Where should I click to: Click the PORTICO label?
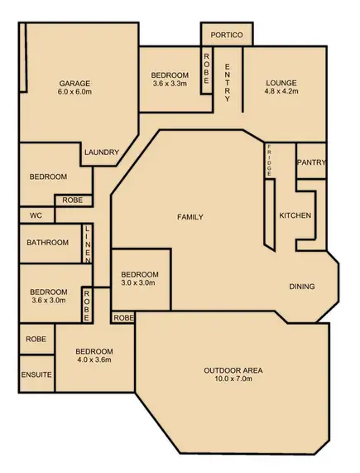(x=227, y=36)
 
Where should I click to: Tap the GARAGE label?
(x=74, y=83)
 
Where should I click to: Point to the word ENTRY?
(x=228, y=84)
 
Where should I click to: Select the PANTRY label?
(x=310, y=162)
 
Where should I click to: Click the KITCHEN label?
(x=295, y=215)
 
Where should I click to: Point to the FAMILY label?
(x=190, y=217)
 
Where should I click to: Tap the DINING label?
(x=301, y=287)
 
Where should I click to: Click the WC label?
(x=36, y=215)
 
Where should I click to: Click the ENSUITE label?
(x=36, y=375)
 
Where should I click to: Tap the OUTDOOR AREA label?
(x=233, y=369)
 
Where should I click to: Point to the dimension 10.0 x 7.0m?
(x=233, y=380)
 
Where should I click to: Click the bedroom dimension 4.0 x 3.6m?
(x=94, y=360)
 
